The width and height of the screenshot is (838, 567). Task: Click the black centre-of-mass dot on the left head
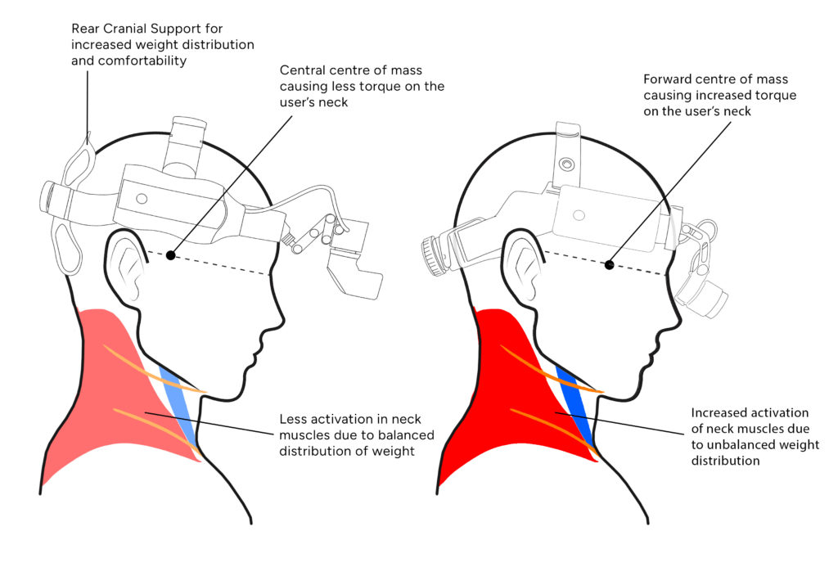pyautogui.click(x=170, y=255)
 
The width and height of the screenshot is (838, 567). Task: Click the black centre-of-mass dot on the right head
pyautogui.click(x=609, y=264)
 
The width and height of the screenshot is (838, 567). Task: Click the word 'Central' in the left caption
pyautogui.click(x=302, y=70)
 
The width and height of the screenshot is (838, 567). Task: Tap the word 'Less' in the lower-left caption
pyautogui.click(x=293, y=418)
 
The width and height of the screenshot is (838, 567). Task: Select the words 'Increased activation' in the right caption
pyautogui.click(x=750, y=413)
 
